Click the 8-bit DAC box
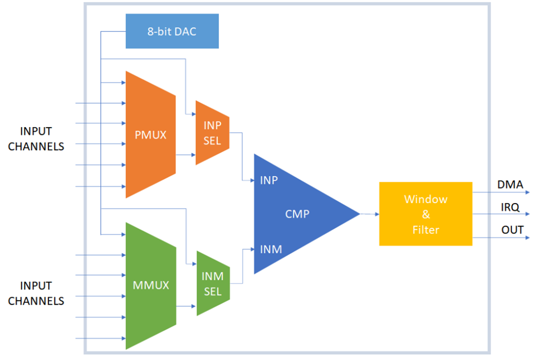click(x=172, y=31)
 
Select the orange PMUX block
click(x=150, y=134)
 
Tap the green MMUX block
click(x=150, y=286)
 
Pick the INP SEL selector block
click(x=212, y=133)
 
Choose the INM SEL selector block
click(x=213, y=283)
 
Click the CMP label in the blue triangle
click(x=297, y=214)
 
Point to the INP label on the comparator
click(x=268, y=180)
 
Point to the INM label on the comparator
click(x=271, y=249)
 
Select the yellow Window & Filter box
click(x=425, y=214)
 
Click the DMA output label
click(x=510, y=185)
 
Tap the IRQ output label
click(x=510, y=207)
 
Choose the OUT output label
click(x=510, y=230)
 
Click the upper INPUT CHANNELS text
click(x=36, y=139)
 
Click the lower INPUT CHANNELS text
click(x=36, y=293)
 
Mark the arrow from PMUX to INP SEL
click(x=185, y=155)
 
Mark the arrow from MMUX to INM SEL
click(x=186, y=306)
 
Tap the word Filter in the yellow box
click(x=425, y=229)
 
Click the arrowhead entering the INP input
click(x=251, y=180)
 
